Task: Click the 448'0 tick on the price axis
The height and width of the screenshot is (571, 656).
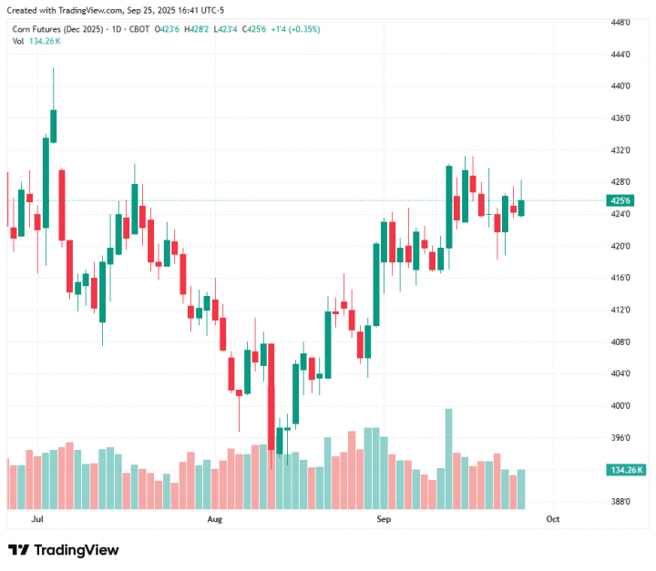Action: tap(621, 22)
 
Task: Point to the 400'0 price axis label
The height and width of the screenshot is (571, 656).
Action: tap(621, 405)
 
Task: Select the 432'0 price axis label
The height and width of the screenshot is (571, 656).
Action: tap(621, 149)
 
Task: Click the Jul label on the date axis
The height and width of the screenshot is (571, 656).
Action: tap(37, 518)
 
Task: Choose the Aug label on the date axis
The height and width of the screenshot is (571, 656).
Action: tap(215, 518)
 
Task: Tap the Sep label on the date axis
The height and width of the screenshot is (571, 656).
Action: tap(384, 518)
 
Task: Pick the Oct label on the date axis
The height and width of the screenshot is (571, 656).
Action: tap(552, 518)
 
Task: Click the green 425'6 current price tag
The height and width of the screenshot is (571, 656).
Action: tap(621, 200)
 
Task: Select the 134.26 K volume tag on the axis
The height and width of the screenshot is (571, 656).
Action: tap(624, 470)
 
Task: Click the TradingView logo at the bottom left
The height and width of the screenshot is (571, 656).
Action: tap(64, 550)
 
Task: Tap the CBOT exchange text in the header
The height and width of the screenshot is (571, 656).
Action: tap(138, 29)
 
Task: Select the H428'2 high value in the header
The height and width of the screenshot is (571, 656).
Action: tap(198, 29)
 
